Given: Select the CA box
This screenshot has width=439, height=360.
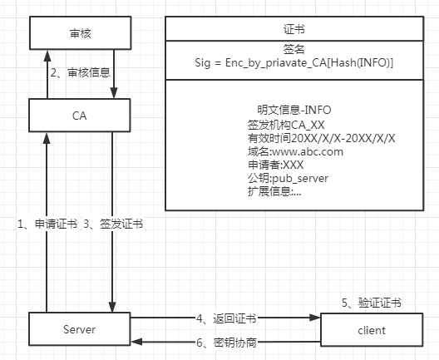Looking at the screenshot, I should [x=79, y=116].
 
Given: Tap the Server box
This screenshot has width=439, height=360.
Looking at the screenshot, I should [x=79, y=329].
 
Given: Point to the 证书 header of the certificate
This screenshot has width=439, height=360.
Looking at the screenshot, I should [x=295, y=29].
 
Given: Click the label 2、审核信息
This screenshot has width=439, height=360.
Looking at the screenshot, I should [x=80, y=73].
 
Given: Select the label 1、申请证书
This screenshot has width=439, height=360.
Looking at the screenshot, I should [x=48, y=224].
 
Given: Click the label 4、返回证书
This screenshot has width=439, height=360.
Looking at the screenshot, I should [x=225, y=318].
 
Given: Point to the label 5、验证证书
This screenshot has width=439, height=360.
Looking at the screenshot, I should [x=371, y=302].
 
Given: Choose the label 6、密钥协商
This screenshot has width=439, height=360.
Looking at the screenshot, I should [x=226, y=343].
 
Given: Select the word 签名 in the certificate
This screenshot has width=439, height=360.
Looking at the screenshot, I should [x=295, y=49].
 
